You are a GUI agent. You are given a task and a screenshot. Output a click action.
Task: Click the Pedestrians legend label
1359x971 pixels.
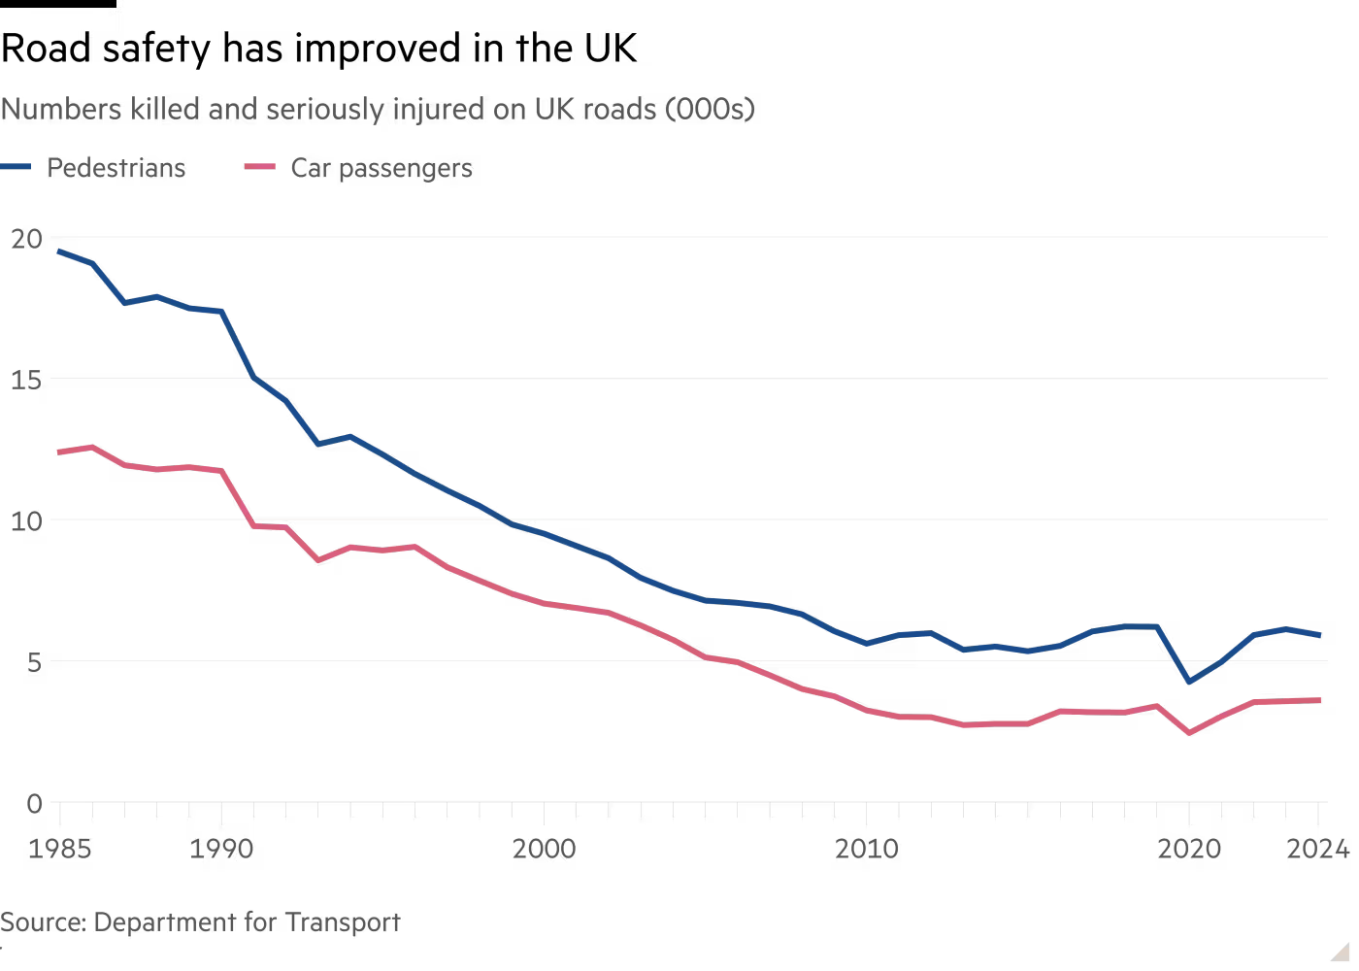(116, 168)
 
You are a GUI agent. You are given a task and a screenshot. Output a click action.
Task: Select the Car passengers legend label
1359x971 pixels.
(381, 168)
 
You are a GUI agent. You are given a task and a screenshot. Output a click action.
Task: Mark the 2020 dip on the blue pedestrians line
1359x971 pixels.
(1189, 682)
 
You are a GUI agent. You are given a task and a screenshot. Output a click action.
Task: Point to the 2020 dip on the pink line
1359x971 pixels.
(1189, 733)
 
